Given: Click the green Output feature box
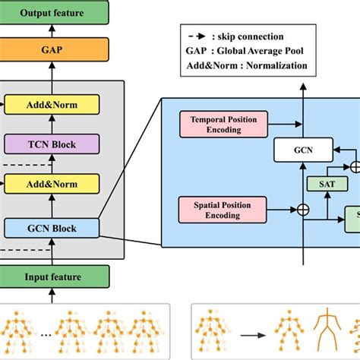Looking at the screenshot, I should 51,13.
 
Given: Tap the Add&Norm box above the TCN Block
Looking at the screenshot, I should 52,104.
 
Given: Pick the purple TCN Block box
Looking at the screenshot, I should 52,144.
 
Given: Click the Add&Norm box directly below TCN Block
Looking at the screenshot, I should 52,183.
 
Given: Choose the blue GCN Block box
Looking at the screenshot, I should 52,226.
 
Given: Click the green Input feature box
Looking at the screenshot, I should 51,276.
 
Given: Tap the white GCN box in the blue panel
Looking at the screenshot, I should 303,150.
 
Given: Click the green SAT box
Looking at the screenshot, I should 326,183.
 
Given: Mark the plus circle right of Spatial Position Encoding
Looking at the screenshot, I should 303,209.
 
